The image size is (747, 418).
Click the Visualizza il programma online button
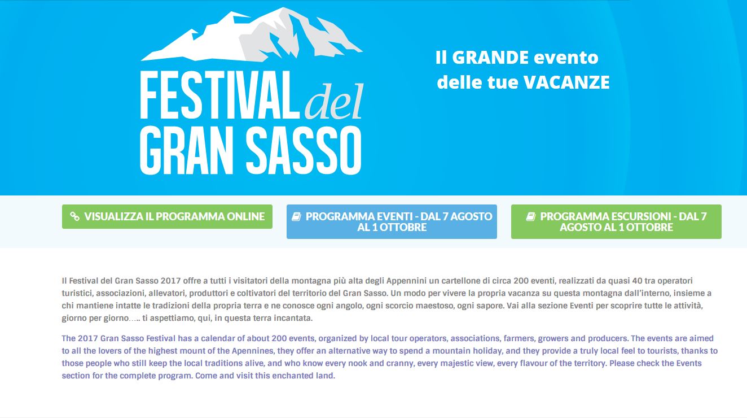(x=167, y=217)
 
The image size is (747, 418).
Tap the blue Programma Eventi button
(x=392, y=221)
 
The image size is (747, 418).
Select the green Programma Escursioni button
(x=616, y=221)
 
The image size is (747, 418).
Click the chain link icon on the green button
(x=75, y=216)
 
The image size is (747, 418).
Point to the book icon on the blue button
(x=296, y=217)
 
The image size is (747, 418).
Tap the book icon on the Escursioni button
(x=531, y=217)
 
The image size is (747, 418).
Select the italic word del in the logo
(x=334, y=101)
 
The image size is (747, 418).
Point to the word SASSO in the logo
(x=304, y=150)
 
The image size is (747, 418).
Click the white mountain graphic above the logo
(x=252, y=34)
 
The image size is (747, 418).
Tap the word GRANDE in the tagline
(x=490, y=58)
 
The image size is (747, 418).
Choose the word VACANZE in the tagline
(x=566, y=82)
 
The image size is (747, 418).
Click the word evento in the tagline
(x=566, y=58)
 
